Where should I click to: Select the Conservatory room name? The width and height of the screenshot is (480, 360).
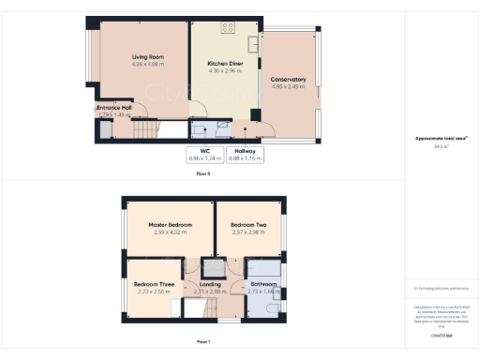(289, 80)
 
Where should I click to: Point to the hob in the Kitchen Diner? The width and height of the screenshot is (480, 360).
(227, 27)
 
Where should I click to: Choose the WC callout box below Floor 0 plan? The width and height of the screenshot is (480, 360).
(204, 154)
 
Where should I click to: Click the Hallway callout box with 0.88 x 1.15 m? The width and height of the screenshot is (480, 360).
(248, 154)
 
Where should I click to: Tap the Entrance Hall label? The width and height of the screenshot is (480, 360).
(114, 108)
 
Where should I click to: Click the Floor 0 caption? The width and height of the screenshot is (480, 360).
(203, 174)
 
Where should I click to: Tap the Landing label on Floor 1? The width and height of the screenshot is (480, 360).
(211, 283)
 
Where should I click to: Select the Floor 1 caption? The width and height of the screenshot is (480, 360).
(203, 341)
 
